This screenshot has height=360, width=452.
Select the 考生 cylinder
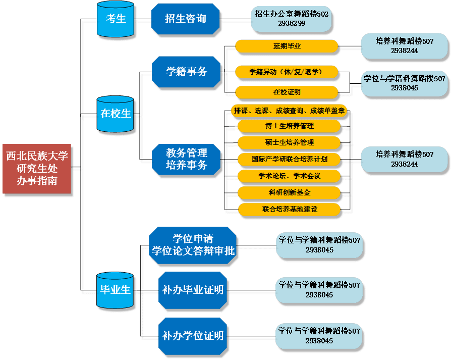(x=116, y=19)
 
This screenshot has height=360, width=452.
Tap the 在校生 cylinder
(x=116, y=114)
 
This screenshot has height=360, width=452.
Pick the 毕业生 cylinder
(x=116, y=290)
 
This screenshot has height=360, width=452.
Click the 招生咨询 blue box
(x=186, y=19)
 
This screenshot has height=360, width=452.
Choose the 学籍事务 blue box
(x=187, y=72)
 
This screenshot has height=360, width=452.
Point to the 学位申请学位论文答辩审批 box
(x=193, y=245)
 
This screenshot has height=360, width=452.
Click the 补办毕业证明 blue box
(x=193, y=290)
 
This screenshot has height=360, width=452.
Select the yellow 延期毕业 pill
(x=287, y=46)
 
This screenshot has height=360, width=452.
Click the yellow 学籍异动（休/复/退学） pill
(x=287, y=72)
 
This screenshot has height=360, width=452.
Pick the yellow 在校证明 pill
(x=287, y=92)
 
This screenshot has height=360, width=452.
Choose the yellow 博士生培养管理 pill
(x=290, y=126)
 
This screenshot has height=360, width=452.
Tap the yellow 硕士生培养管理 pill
(x=290, y=143)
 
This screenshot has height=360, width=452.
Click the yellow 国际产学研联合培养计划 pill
(x=290, y=159)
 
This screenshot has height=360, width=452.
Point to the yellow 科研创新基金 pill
(x=290, y=192)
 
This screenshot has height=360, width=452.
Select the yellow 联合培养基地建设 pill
(x=290, y=209)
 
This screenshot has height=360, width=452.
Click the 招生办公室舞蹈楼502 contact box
(x=292, y=19)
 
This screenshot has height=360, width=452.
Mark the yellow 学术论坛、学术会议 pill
(x=290, y=176)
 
